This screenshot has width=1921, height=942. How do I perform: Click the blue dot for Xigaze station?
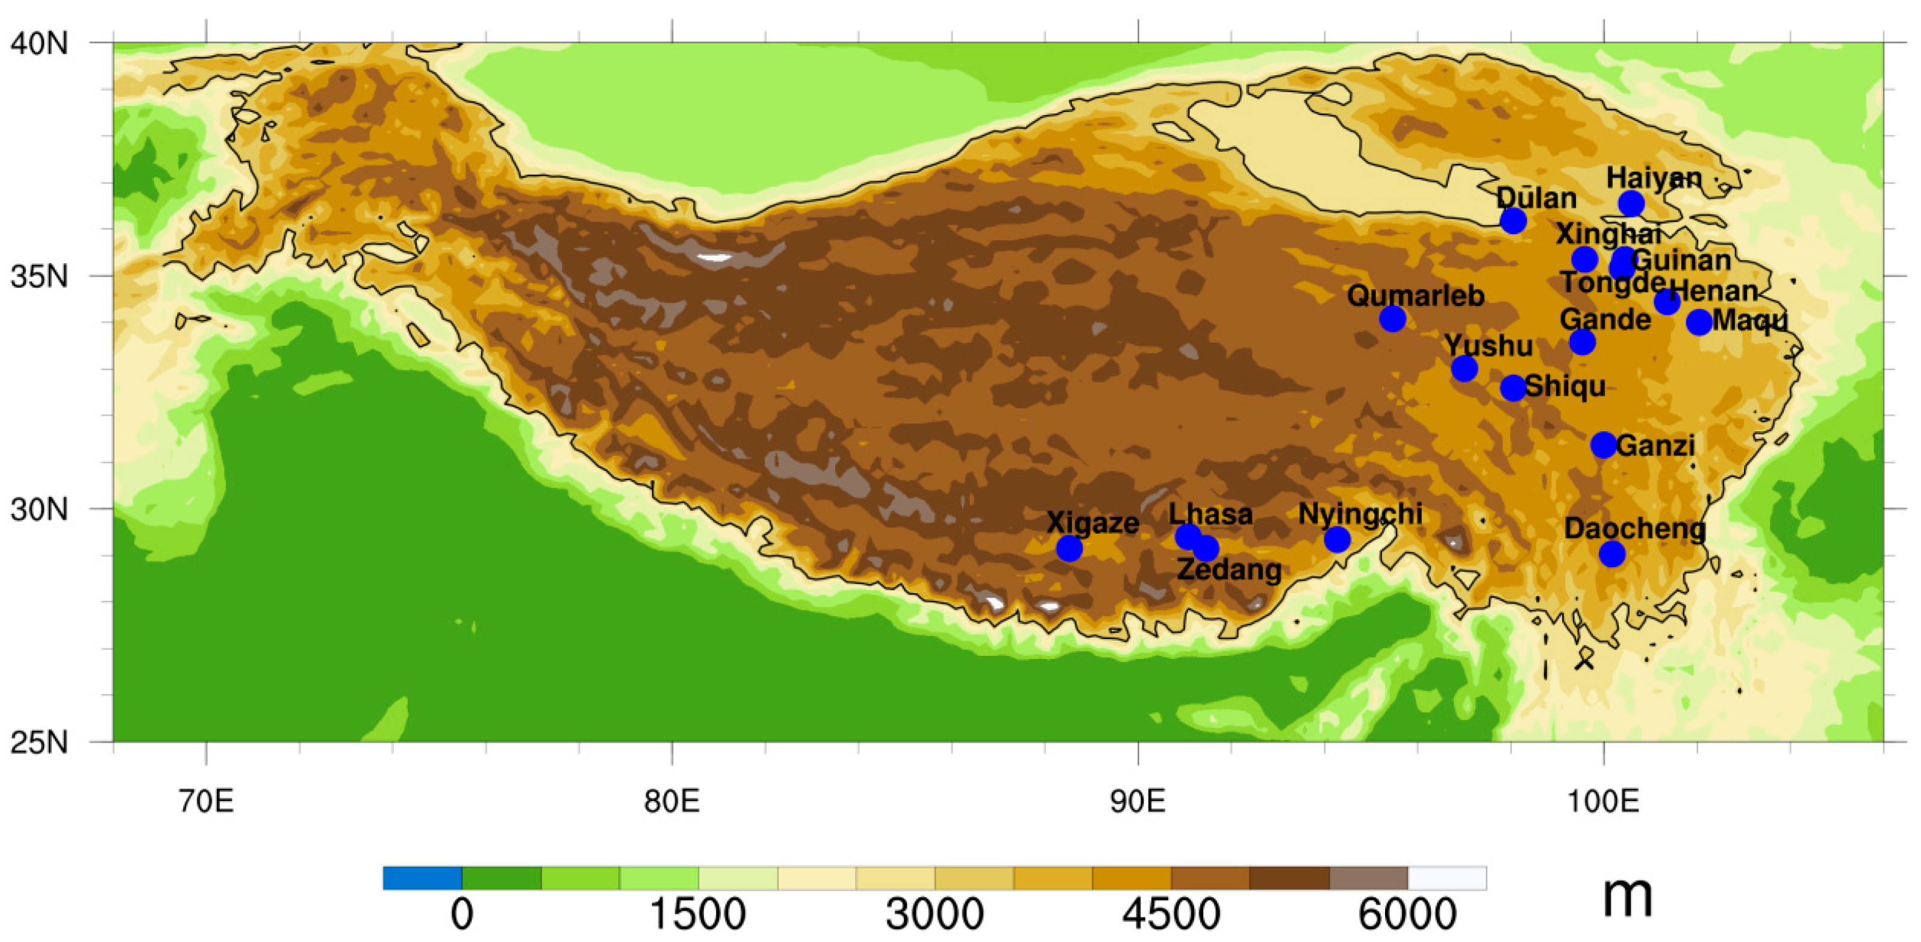click(1069, 549)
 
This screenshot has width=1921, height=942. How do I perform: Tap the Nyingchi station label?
click(1360, 514)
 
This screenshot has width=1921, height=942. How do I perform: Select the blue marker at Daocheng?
click(1612, 554)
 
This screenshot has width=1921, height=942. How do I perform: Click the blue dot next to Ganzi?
click(1603, 445)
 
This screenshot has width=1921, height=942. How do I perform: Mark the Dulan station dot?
click(1513, 221)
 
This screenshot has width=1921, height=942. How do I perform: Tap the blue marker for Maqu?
click(1699, 322)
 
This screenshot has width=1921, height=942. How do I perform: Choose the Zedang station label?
click(1229, 570)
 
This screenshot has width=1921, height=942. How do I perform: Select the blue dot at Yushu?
click(1465, 369)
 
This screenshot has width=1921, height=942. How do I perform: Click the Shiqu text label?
click(1565, 386)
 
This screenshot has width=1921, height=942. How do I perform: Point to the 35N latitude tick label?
click(39, 276)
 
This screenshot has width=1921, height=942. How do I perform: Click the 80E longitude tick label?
click(672, 801)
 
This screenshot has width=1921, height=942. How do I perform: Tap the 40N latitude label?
click(39, 43)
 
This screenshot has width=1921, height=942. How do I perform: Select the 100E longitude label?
click(1602, 801)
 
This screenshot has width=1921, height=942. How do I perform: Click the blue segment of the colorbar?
click(422, 878)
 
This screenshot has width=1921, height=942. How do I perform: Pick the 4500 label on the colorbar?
click(1171, 914)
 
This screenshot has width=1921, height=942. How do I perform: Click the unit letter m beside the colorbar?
click(1627, 897)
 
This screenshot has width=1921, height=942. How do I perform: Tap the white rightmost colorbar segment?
click(1446, 878)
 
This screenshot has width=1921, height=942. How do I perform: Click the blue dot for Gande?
click(1583, 342)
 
